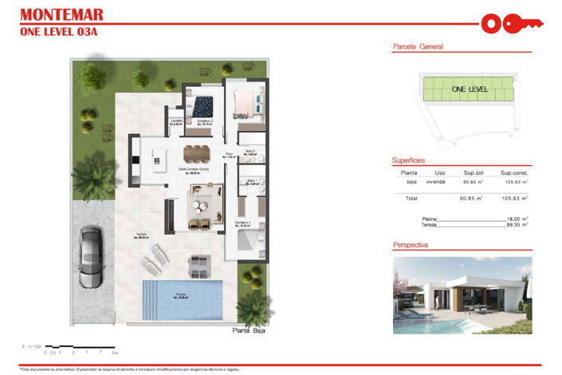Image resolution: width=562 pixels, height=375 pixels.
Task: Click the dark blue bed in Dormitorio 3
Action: (x=202, y=106)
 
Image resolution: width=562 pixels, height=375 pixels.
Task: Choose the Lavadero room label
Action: (x=177, y=122)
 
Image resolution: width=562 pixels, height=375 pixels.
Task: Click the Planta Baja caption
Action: (x=248, y=330)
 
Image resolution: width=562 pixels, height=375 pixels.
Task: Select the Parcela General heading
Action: (x=418, y=47)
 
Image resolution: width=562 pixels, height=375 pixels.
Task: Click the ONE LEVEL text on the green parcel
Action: (x=470, y=89)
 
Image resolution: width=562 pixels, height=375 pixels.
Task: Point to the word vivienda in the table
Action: (x=435, y=182)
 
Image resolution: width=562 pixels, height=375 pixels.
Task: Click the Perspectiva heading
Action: (x=411, y=245)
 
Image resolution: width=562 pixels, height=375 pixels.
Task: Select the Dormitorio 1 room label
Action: (x=243, y=223)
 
